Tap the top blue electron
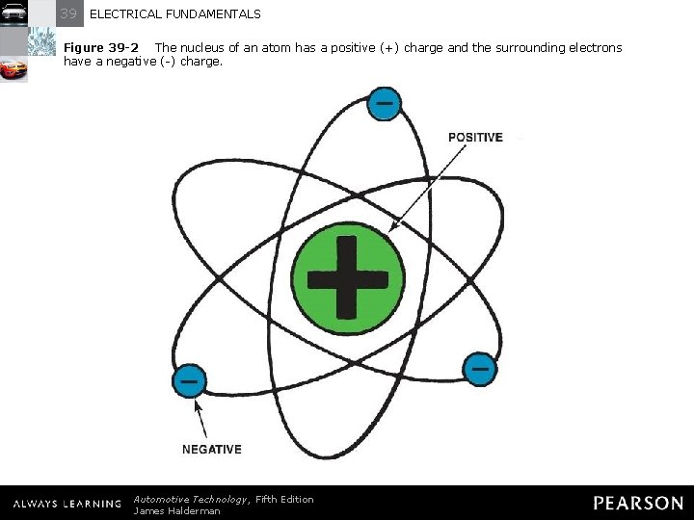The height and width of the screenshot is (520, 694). [384, 103]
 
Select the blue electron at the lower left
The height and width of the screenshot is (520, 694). [189, 381]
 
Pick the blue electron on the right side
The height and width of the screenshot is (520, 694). [480, 368]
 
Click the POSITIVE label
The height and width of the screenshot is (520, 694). [475, 138]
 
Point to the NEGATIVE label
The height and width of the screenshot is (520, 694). [212, 450]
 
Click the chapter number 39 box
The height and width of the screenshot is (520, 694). [68, 13]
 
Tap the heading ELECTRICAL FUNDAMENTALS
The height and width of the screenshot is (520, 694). [174, 14]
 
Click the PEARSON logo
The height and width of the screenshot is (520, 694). [637, 504]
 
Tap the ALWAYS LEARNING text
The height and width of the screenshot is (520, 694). [67, 504]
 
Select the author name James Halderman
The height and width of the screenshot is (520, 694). [176, 511]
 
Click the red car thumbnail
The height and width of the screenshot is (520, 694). [13, 69]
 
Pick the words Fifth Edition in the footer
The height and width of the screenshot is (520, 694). [284, 499]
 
